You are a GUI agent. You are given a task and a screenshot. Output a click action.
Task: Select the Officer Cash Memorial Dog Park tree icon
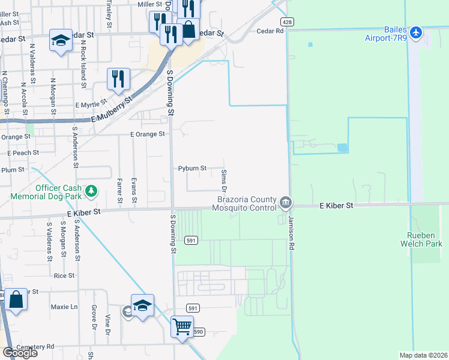(91, 191)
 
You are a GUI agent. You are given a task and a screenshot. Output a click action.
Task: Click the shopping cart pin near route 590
(182, 328)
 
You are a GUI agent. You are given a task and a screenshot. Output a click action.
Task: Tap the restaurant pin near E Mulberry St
(118, 79)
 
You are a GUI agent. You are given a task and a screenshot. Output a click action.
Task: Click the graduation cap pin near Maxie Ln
(143, 306)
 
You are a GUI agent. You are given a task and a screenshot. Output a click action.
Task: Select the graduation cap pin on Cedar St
(60, 40)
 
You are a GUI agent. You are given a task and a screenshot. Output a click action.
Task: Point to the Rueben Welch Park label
(421, 239)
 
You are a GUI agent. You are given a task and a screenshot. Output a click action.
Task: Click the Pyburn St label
(192, 169)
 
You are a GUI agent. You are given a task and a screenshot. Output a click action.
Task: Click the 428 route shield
(288, 22)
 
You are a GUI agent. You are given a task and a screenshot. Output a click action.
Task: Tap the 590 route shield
(199, 332)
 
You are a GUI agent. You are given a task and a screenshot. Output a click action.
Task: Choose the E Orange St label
(148, 134)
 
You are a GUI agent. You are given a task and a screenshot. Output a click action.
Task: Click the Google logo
(20, 352)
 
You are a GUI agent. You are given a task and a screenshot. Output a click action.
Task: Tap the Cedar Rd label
(270, 31)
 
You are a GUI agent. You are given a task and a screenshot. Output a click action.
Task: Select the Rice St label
(64, 276)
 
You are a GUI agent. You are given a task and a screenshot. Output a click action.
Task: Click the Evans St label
(134, 191)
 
